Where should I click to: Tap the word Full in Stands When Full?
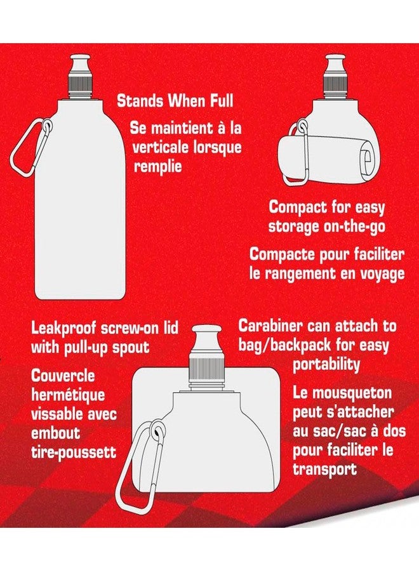(221, 101)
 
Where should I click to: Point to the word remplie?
(157, 167)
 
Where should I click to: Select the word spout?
(130, 347)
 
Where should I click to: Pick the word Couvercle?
(63, 376)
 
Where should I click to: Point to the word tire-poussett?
(74, 452)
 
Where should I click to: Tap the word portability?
(326, 364)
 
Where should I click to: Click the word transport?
(324, 469)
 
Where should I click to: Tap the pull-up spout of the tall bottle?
(81, 63)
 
